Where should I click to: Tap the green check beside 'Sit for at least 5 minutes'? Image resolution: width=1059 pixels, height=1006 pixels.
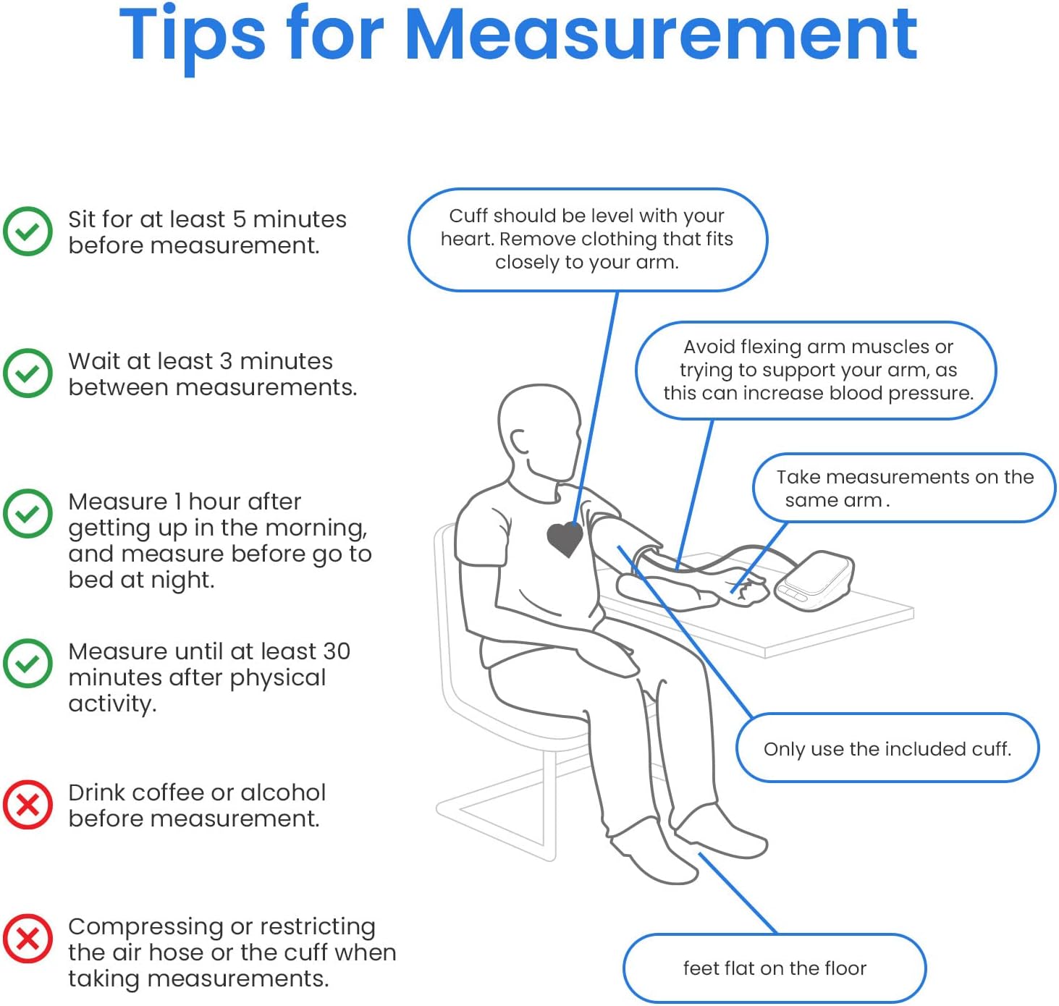(x=28, y=231)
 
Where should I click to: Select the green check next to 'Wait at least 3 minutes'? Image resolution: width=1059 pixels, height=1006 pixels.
(x=28, y=373)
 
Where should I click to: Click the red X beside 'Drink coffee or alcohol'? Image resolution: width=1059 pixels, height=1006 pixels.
(x=28, y=805)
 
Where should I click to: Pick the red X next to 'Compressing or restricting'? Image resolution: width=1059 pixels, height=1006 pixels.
(x=28, y=939)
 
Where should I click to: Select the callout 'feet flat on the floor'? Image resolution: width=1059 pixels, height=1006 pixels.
(x=775, y=968)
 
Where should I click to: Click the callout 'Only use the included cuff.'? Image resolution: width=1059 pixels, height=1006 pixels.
(x=887, y=748)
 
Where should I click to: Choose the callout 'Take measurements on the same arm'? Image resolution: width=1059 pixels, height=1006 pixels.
(x=904, y=488)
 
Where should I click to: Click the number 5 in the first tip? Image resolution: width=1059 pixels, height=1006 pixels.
(x=239, y=220)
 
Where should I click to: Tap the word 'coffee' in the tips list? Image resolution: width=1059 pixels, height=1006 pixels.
(x=168, y=792)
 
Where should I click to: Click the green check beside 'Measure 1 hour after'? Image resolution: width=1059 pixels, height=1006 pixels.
(x=28, y=513)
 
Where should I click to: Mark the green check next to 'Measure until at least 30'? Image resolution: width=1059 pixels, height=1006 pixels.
(x=28, y=663)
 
